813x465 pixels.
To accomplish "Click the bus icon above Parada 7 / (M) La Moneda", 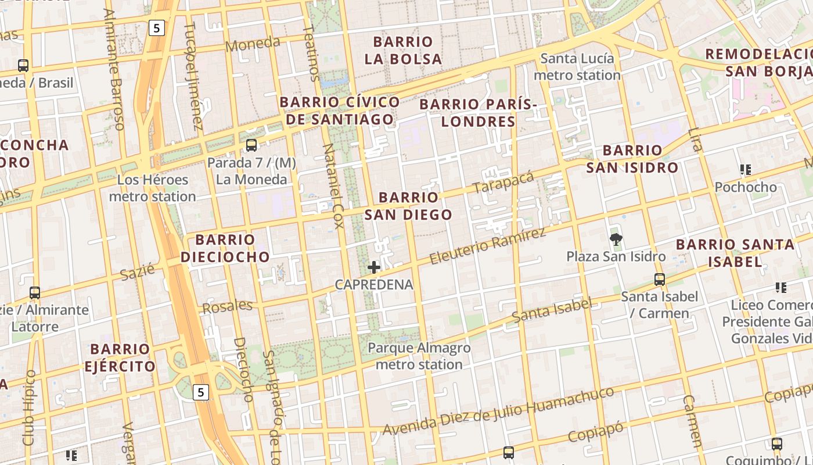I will click(x=251, y=145).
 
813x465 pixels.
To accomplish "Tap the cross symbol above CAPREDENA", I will click(x=374, y=267).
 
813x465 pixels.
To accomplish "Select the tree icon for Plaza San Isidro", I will click(x=616, y=239).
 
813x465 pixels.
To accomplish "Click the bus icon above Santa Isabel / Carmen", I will click(x=659, y=280).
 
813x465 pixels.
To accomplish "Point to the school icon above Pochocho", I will click(x=746, y=170).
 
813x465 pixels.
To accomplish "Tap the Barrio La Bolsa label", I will click(x=403, y=51).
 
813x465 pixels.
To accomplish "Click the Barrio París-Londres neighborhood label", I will click(x=478, y=113).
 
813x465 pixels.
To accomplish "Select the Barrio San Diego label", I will click(x=408, y=206).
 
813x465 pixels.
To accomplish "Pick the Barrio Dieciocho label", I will click(x=225, y=248).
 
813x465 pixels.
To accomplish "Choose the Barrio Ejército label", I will click(x=120, y=357).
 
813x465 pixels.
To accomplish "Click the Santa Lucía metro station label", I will click(x=577, y=67).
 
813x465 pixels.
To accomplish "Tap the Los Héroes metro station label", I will click(x=153, y=188).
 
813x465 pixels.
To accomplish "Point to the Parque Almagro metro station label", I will click(x=419, y=356).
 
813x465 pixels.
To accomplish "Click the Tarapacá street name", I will click(x=503, y=183).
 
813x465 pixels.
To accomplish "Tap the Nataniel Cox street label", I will click(x=331, y=186).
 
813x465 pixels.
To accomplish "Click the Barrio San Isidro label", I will click(x=632, y=159).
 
